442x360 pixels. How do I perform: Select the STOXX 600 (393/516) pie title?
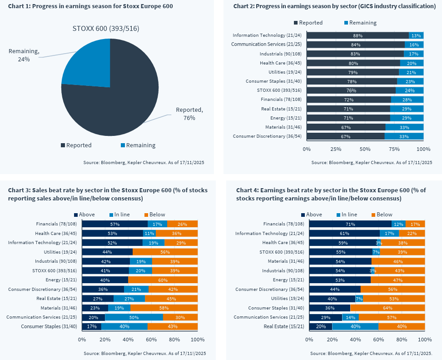[x=106, y=28]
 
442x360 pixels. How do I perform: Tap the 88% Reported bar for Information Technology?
[x=358, y=35]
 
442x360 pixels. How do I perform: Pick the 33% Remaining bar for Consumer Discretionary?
[x=404, y=136]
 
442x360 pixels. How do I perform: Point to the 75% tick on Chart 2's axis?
[x=394, y=149]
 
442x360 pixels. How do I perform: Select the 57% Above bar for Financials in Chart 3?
[x=114, y=224]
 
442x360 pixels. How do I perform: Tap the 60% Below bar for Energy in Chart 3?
[x=163, y=280]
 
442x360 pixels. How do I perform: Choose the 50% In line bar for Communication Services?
[x=134, y=317]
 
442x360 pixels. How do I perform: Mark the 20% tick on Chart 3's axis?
[x=105, y=340]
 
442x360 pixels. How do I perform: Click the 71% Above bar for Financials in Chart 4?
[x=350, y=224]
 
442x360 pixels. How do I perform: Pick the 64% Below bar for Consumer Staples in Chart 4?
[x=387, y=308]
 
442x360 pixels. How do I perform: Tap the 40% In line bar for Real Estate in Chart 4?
[x=355, y=326]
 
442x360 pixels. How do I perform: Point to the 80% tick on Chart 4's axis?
[x=402, y=340]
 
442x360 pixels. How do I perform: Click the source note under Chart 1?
[x=144, y=162]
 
